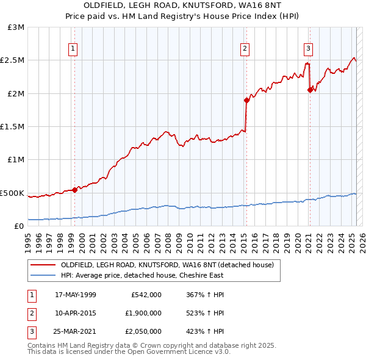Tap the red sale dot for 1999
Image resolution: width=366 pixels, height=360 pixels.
pyautogui.click(x=74, y=190)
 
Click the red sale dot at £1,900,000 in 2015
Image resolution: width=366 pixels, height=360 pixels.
pyautogui.click(x=246, y=100)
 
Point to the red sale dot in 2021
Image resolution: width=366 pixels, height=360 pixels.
pyautogui.click(x=310, y=90)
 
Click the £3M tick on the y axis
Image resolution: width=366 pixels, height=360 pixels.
pyautogui.click(x=16, y=27)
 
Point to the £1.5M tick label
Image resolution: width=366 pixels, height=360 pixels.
pyautogui.click(x=13, y=127)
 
